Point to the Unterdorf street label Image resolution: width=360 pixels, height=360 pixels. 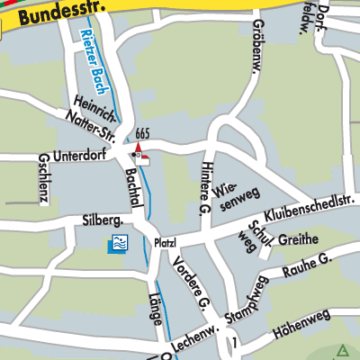(78, 156)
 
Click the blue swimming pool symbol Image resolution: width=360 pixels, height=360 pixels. (117, 244)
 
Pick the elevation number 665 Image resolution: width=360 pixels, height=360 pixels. (141, 134)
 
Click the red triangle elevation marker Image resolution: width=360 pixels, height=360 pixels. (139, 146)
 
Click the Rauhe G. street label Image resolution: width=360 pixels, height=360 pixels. (307, 265)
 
